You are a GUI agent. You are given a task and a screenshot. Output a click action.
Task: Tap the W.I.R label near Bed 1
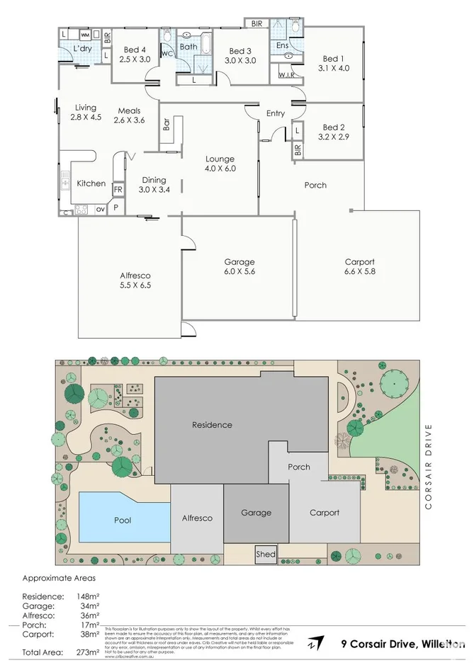point(286,74)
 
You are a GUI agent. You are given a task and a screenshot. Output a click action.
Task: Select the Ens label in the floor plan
point(281,45)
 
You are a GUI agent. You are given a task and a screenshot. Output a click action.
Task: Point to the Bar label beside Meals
point(167,124)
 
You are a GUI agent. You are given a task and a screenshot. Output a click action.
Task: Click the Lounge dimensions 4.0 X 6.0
point(220,169)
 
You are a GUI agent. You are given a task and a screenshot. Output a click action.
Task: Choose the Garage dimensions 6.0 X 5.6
point(239,271)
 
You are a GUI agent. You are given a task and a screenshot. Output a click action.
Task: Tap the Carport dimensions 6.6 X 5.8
point(359,271)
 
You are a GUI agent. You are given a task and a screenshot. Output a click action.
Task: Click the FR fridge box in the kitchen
point(118,190)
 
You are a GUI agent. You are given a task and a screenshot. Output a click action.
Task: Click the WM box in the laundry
point(85,34)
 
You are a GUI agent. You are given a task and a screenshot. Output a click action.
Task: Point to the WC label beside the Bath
point(167,54)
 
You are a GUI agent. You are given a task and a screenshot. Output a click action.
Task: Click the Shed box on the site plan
point(266,554)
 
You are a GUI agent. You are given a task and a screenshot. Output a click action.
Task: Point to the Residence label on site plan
point(212,425)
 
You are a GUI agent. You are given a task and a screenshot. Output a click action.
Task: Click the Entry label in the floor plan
point(276,113)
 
